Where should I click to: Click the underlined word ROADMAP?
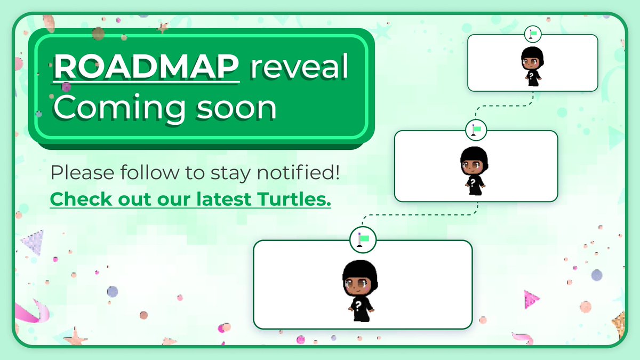click(147, 68)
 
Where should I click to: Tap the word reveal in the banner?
click(300, 68)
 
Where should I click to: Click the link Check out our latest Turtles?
click(190, 199)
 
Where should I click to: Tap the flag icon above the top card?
click(532, 34)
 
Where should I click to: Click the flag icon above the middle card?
click(476, 130)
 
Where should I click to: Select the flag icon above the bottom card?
click(363, 239)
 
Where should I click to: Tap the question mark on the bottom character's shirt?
click(358, 305)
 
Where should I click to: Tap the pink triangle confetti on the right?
click(531, 299)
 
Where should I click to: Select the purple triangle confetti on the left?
click(33, 243)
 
